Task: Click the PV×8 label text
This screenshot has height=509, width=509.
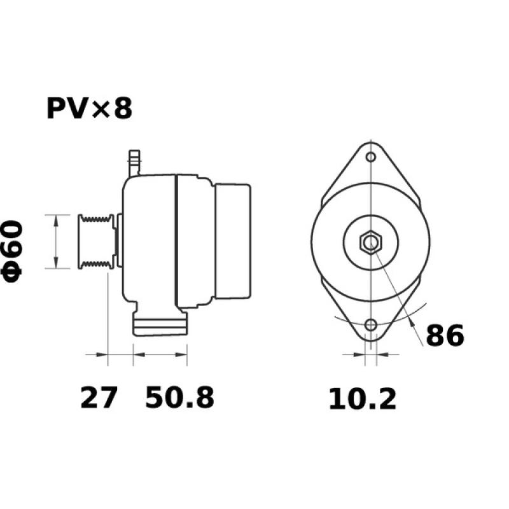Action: point(89,109)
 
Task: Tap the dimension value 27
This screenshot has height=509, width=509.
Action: point(99,398)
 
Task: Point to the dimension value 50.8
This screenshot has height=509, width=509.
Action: point(179,398)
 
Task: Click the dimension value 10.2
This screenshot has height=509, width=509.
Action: point(362,399)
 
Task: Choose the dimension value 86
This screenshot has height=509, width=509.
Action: point(445,336)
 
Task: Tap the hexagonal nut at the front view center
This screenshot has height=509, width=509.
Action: point(370,242)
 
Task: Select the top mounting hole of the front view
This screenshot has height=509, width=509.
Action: point(370,157)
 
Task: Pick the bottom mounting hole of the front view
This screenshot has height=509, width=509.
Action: point(370,326)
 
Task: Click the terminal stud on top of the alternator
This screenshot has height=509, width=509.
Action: point(134,162)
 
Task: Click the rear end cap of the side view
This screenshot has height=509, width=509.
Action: point(232,241)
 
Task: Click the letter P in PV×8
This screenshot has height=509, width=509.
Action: point(55,109)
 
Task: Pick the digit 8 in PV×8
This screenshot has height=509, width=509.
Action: point(122,109)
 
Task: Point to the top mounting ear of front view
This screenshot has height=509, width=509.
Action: point(370,162)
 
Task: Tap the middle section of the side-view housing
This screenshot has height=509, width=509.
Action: point(194,242)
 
